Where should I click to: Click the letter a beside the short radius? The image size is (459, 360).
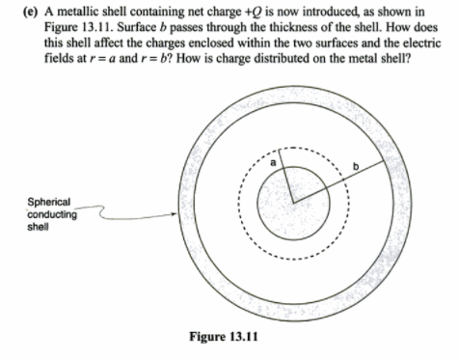pos(274,164)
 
